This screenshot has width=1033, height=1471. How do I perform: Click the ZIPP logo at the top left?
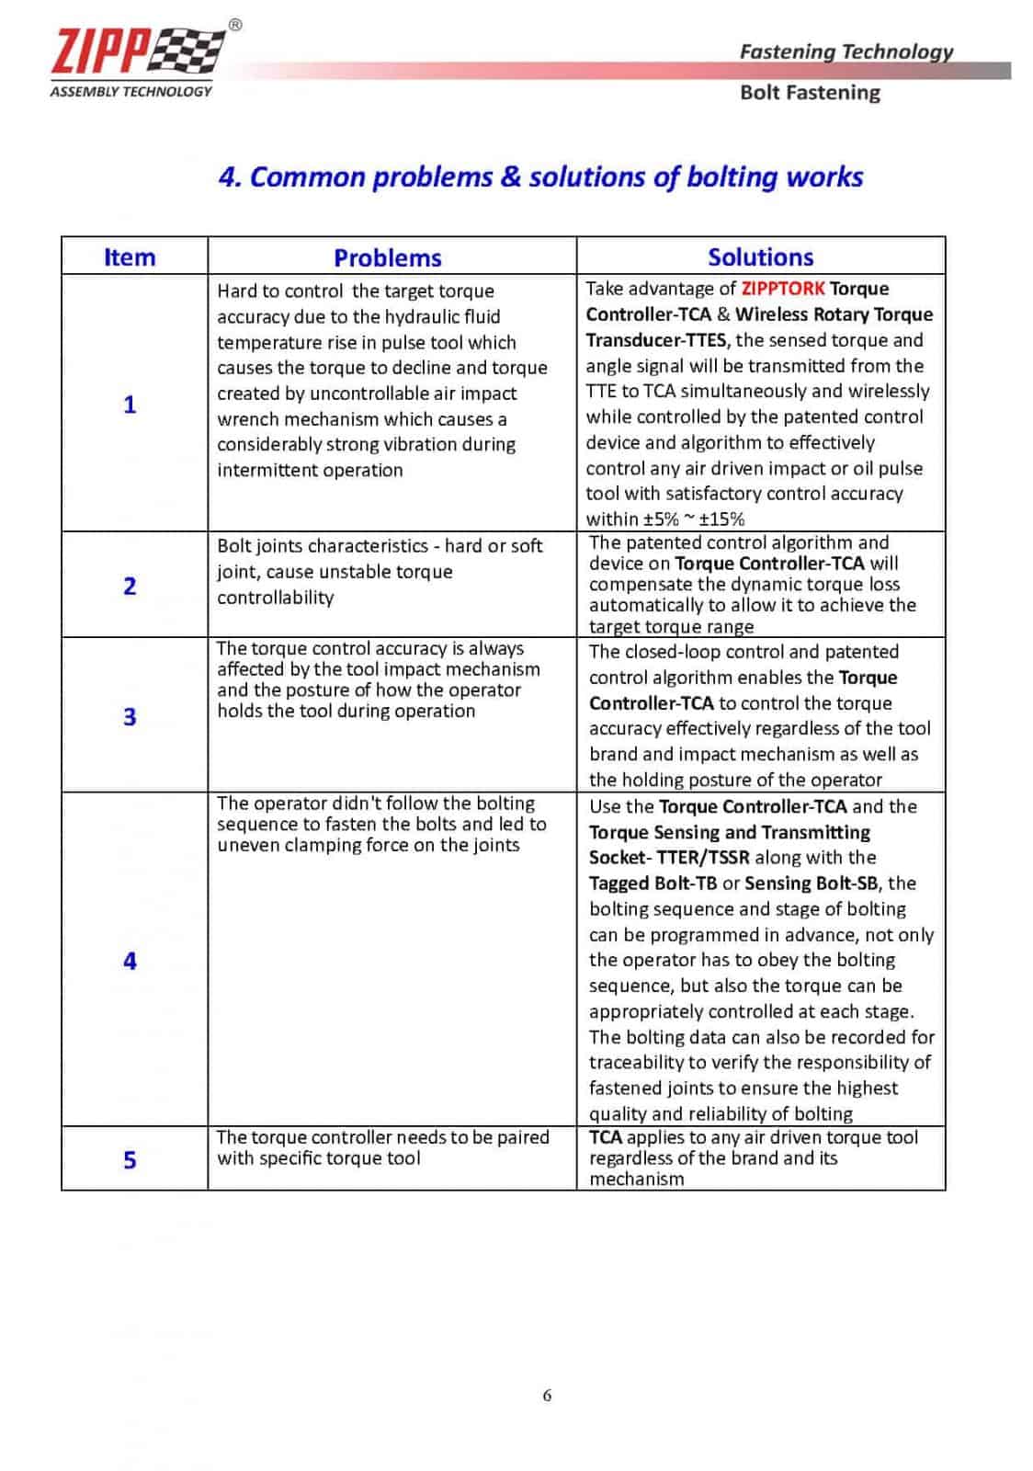[138, 51]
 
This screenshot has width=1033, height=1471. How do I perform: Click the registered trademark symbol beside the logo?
[235, 26]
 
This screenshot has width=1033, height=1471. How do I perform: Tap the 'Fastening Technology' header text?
[846, 51]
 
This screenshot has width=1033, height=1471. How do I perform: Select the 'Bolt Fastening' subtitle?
[810, 93]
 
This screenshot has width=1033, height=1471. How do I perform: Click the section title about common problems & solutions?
[540, 177]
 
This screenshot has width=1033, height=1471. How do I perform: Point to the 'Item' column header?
[130, 257]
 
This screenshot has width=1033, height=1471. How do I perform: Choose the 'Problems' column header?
[388, 257]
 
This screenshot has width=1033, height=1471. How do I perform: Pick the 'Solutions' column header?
[760, 257]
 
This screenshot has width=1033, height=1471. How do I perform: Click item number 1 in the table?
[130, 405]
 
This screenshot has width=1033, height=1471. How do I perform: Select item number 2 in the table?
[130, 586]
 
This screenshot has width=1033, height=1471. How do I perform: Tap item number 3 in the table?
[130, 716]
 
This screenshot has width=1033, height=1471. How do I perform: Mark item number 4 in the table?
[130, 961]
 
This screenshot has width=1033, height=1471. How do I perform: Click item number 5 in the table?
[130, 1160]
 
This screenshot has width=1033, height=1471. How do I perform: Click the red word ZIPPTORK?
[783, 289]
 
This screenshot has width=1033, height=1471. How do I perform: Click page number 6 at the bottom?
[547, 1396]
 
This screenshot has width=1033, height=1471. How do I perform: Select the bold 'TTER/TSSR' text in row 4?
[703, 858]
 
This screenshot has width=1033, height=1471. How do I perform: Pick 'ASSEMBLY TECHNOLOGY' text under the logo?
[131, 91]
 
